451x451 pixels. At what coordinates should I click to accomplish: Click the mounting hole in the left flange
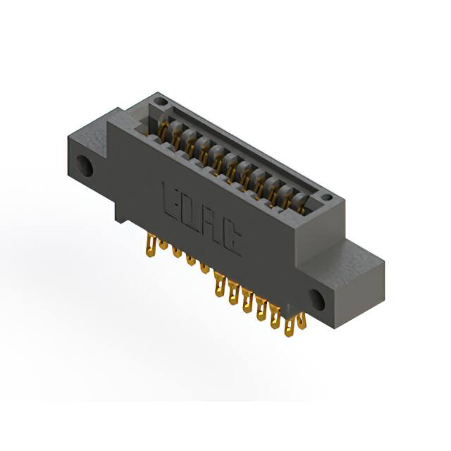86,166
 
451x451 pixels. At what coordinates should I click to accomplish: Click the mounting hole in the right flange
319,300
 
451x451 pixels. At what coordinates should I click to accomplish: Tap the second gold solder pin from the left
163,248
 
